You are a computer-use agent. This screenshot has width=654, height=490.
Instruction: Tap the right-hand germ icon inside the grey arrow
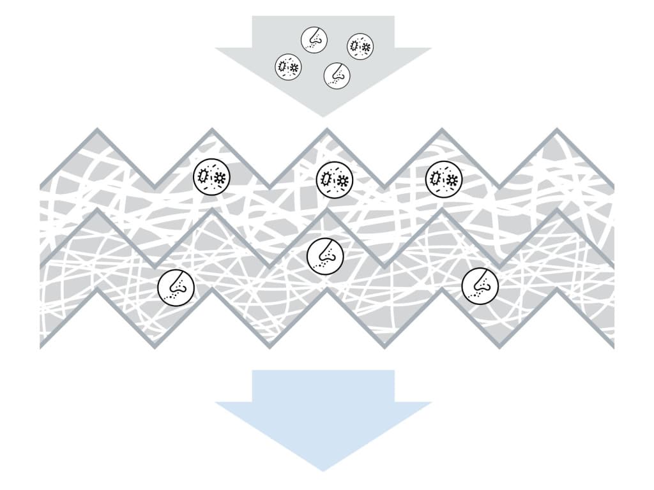360,47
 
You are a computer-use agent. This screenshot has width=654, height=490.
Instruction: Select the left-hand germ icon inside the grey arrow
289,66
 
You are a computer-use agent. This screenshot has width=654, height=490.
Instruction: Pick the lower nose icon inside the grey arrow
337,75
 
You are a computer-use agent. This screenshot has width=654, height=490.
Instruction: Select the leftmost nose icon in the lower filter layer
176,286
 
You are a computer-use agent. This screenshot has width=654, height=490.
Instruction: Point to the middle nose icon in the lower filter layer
325,255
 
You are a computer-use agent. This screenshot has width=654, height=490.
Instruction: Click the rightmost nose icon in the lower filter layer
480,285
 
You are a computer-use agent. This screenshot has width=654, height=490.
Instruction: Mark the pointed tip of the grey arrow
323,116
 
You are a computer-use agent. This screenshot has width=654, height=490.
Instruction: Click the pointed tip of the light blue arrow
323,470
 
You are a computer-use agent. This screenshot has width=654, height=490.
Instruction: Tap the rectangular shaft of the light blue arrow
323,385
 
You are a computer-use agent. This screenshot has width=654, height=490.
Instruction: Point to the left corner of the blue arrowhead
217,403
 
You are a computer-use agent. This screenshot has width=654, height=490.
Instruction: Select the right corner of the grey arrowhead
430,48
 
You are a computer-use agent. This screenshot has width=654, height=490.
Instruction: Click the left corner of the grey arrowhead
217,48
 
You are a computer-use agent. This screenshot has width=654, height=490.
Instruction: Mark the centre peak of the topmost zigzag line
327,130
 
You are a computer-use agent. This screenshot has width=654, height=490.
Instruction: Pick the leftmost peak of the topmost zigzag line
98,130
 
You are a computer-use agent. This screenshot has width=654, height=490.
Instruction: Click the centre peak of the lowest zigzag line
327,290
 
